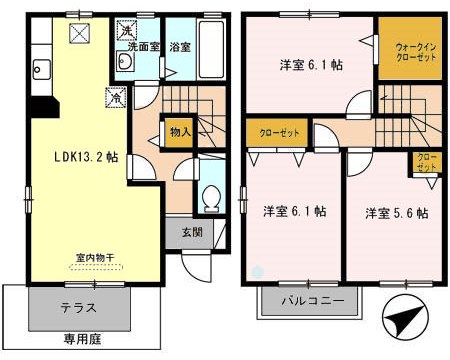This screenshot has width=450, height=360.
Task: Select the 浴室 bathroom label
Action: pos(180,46)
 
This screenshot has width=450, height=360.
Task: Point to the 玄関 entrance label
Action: pos(190,234)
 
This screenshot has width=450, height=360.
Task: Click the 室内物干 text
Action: pos(90,258)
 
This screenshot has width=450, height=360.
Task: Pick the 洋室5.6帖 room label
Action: pos(397,213)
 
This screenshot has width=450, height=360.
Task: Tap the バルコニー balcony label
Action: pos(311,300)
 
